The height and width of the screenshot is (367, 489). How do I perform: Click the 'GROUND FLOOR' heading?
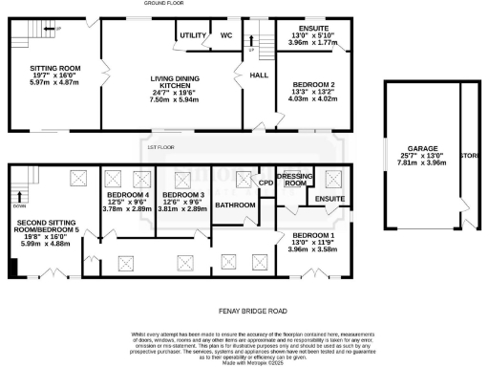163,4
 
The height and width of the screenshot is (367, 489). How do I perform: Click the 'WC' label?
226,35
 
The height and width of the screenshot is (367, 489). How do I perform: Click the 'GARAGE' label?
419,150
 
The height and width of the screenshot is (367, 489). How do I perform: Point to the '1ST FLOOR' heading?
159,147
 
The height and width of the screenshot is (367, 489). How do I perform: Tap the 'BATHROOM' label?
235,205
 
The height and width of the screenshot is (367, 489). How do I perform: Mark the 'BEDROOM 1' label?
313,236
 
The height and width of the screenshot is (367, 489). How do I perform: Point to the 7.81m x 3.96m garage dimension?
419,163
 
